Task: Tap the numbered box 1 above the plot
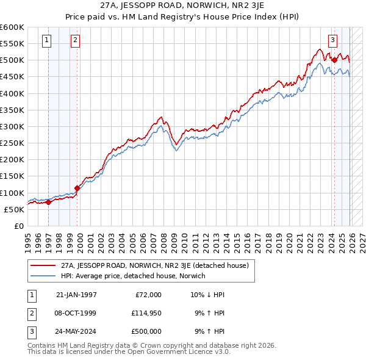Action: click(x=47, y=41)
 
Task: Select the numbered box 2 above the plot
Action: click(x=75, y=41)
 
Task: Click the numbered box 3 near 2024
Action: click(x=333, y=41)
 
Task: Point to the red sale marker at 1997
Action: click(x=49, y=202)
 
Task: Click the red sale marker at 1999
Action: click(x=77, y=188)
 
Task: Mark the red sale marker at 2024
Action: click(x=334, y=60)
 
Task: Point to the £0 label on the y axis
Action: click(x=18, y=226)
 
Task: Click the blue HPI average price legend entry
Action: click(x=133, y=276)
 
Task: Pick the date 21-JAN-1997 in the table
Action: click(x=76, y=294)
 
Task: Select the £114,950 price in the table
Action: click(x=146, y=313)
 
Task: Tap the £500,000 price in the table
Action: click(x=146, y=332)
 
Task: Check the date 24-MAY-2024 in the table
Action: click(x=76, y=332)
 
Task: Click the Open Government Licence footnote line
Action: click(x=129, y=352)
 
